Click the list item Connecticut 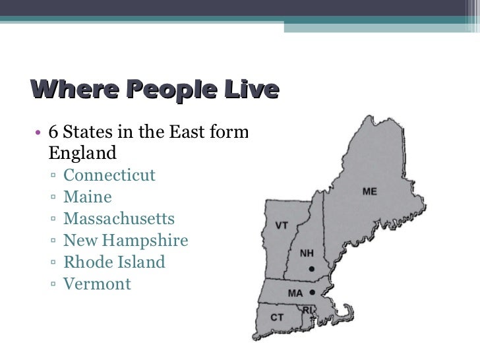click(x=109, y=175)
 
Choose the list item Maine click(x=88, y=197)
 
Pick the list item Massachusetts click(x=119, y=219)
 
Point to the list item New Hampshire click(x=125, y=241)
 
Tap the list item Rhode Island click(x=114, y=262)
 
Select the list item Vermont click(x=97, y=284)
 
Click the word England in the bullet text click(x=82, y=154)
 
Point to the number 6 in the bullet click(x=53, y=132)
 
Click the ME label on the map click(x=370, y=191)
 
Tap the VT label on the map click(x=282, y=225)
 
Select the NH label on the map click(x=307, y=253)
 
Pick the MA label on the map click(x=295, y=293)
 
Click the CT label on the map click(x=278, y=318)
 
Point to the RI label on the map click(x=308, y=309)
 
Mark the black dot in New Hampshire click(x=311, y=268)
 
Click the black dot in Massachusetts click(x=311, y=292)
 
